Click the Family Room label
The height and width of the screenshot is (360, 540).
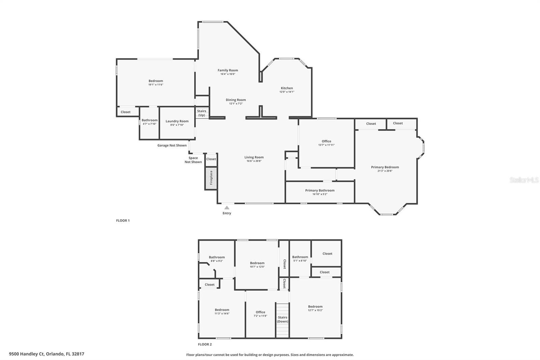(228, 70)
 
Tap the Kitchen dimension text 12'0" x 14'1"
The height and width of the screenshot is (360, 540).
(287, 92)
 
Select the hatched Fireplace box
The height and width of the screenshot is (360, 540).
(211, 178)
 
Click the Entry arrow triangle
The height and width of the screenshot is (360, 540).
(227, 208)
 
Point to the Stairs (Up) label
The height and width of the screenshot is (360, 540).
(201, 113)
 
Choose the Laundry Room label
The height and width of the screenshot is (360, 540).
(177, 121)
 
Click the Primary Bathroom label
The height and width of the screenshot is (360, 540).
(320, 190)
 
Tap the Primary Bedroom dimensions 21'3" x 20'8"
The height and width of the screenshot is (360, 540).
(385, 171)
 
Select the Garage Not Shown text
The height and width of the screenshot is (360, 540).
(172, 146)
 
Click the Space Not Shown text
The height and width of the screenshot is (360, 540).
(193, 160)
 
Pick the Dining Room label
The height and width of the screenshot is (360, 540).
(236, 100)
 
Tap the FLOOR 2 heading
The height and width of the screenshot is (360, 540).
(205, 344)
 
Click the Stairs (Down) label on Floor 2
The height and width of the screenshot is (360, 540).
(282, 319)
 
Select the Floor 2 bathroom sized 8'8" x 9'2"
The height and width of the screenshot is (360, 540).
(217, 259)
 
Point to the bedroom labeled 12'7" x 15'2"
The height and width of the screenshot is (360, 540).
(315, 308)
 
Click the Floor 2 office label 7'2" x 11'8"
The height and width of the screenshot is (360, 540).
(260, 314)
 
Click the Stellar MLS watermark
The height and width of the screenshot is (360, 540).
(524, 180)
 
